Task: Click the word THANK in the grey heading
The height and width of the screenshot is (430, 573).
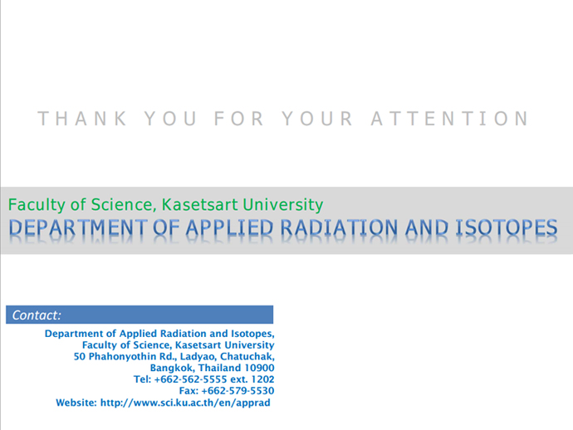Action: pos(82,119)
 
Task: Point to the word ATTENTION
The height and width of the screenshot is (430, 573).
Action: pos(450,119)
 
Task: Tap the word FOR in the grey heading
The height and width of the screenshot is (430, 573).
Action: pos(238,119)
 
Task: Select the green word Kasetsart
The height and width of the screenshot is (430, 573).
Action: pos(200,204)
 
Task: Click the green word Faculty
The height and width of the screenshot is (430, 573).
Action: pos(37,205)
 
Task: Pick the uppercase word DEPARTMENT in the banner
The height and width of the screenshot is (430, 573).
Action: pos(78,227)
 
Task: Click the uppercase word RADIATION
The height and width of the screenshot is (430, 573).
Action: pos(339,227)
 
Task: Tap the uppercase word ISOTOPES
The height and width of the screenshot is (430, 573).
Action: pos(507,227)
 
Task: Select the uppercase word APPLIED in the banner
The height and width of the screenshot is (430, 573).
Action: pos(229,227)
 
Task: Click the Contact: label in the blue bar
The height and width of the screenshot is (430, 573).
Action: pos(37,315)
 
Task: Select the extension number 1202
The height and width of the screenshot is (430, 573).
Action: pos(262,379)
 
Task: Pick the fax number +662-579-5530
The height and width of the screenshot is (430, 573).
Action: pos(238,391)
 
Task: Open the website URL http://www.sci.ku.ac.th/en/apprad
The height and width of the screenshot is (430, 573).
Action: pos(185,403)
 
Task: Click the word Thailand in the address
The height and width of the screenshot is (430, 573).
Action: pos(219,368)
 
